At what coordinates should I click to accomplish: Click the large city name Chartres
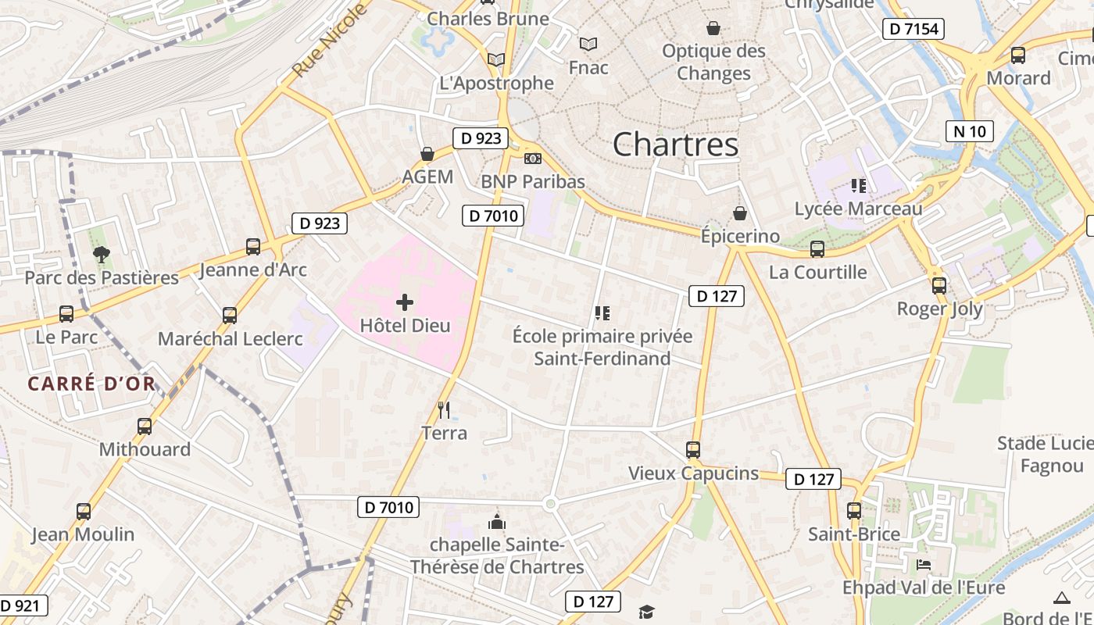[675, 145]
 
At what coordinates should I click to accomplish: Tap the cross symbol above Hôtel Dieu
[405, 302]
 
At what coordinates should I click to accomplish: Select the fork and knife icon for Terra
[444, 409]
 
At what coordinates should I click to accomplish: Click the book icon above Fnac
[588, 45]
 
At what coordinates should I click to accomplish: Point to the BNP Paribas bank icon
[532, 159]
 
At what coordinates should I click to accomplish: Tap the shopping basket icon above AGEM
[427, 154]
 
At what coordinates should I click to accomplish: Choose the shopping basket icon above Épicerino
[739, 213]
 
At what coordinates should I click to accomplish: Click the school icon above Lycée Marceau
[859, 186]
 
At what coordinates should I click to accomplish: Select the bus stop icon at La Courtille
[817, 249]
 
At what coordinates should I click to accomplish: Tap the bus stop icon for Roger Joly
[939, 286]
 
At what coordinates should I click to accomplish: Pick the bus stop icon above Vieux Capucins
[693, 450]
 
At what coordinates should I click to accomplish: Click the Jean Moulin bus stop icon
[84, 512]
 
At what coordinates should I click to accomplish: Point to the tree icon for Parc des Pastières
[101, 254]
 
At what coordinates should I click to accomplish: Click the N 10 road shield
[970, 131]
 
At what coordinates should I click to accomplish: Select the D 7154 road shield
[913, 30]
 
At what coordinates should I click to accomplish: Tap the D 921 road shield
[22, 605]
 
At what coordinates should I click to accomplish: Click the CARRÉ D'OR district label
[91, 384]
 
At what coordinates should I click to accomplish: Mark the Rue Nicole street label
[329, 41]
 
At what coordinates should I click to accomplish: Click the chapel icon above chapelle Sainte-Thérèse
[496, 522]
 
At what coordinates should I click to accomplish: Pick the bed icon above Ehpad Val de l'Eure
[924, 564]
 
